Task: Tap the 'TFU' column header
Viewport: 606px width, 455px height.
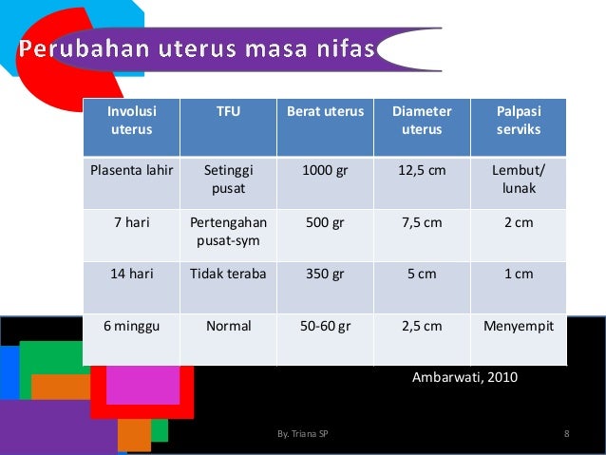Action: pyautogui.click(x=228, y=111)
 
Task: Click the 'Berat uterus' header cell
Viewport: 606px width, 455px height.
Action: pyautogui.click(x=325, y=111)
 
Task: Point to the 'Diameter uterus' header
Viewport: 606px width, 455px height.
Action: pyautogui.click(x=422, y=120)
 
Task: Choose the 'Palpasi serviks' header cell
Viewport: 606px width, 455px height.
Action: pyautogui.click(x=518, y=120)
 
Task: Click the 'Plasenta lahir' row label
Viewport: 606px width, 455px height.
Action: pyautogui.click(x=131, y=171)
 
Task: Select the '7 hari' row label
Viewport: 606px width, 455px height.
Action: pyautogui.click(x=131, y=223)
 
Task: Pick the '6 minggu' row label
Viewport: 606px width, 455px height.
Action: pyautogui.click(x=131, y=326)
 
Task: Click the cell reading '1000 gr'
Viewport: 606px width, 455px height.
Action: pyautogui.click(x=325, y=171)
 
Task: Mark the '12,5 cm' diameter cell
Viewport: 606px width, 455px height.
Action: pyautogui.click(x=422, y=171)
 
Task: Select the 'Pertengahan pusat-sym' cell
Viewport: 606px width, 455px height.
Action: pyautogui.click(x=228, y=232)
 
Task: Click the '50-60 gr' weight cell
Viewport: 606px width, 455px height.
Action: pyautogui.click(x=325, y=326)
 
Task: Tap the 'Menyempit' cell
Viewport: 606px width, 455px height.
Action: pyautogui.click(x=518, y=326)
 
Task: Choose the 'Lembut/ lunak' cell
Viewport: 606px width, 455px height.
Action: pyautogui.click(x=518, y=180)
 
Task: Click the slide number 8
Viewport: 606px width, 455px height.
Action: pyautogui.click(x=566, y=434)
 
